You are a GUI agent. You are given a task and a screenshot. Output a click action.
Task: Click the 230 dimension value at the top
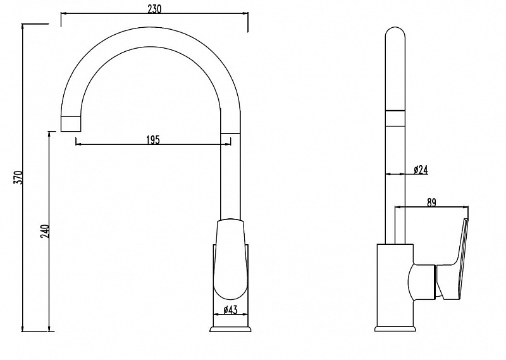point(154,9)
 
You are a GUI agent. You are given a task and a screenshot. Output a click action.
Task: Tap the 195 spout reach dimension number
point(153,140)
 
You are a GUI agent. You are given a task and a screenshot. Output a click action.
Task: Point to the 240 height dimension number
point(45,231)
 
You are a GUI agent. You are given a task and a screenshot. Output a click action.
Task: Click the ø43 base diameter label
point(230,310)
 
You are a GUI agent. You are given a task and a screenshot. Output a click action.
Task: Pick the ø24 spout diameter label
point(421,170)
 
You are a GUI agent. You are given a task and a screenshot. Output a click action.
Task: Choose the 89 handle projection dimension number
point(431,202)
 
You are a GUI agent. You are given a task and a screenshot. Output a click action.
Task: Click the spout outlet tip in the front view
point(70,123)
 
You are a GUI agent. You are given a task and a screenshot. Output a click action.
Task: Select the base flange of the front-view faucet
point(230,329)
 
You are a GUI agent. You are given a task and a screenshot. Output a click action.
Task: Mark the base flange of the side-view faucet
point(395,328)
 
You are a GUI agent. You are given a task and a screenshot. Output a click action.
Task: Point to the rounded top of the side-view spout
point(395,32)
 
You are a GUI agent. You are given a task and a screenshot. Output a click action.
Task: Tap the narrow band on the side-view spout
point(395,118)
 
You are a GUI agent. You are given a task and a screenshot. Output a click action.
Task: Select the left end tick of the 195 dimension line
point(75,142)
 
